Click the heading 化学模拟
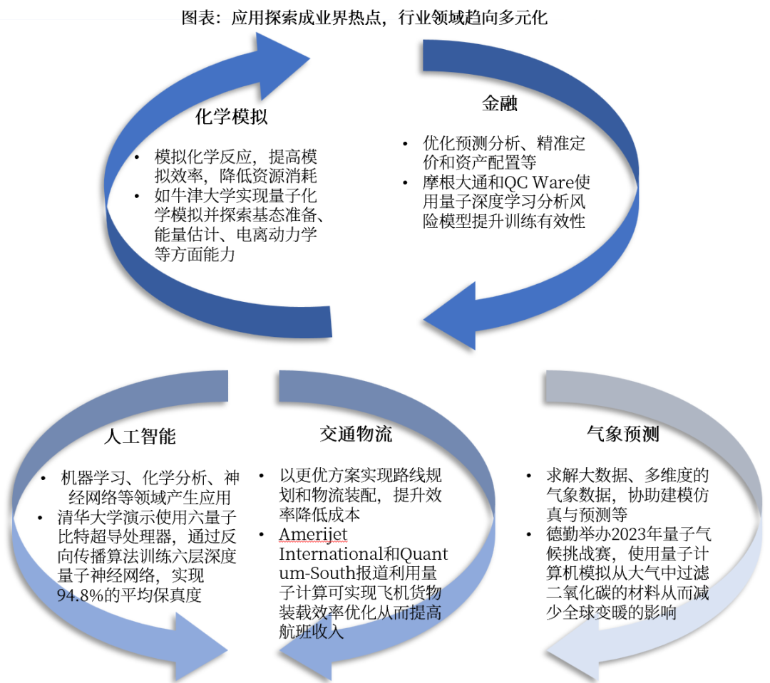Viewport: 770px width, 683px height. [x=232, y=117]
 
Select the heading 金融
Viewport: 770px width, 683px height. [x=499, y=105]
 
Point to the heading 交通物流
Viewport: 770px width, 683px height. [x=356, y=434]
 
